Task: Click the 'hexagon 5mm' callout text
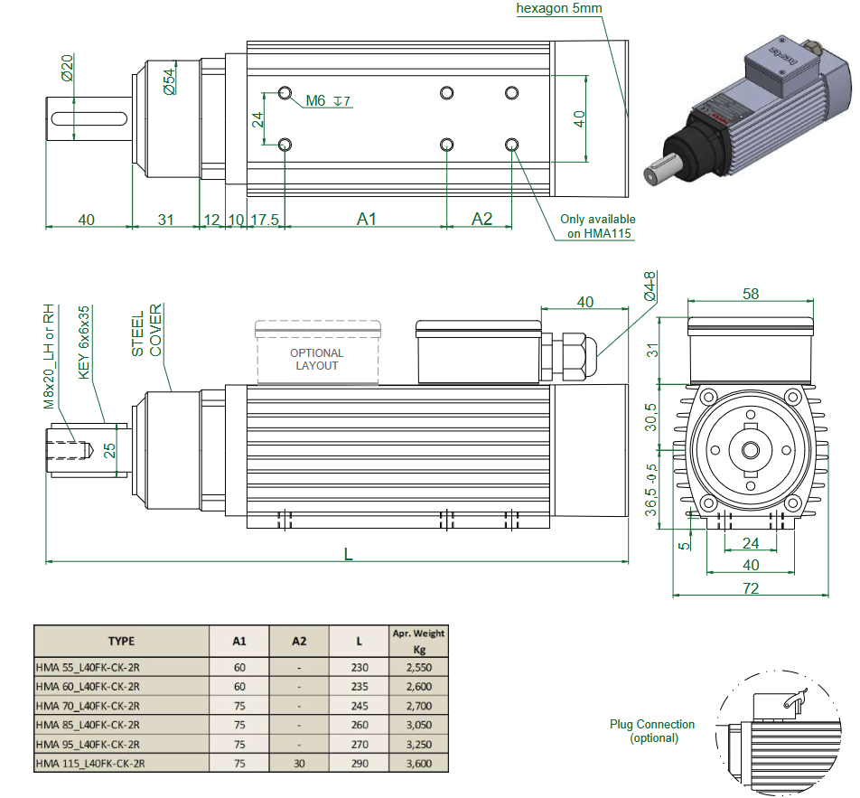point(559,9)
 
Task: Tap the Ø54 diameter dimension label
point(169,81)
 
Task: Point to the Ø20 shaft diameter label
point(68,68)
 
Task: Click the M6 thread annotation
point(315,100)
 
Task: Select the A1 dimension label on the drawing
point(366,219)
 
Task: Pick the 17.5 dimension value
point(264,219)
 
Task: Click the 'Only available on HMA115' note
point(597,226)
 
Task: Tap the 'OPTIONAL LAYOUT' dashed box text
point(316,359)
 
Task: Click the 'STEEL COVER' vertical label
point(146,334)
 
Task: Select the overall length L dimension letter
point(348,553)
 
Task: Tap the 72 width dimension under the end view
point(751,588)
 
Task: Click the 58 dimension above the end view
point(751,293)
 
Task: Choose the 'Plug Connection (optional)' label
point(652,730)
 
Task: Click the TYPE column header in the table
point(121,641)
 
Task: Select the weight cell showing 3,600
point(418,763)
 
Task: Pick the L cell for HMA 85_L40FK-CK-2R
point(359,725)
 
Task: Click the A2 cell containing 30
point(299,763)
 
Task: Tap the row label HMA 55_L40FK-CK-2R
point(87,669)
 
